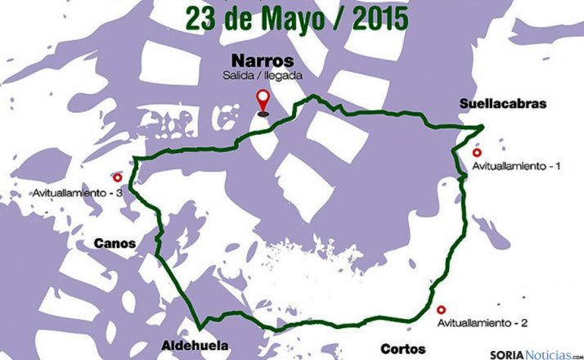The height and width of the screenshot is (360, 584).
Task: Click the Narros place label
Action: pos(262,61)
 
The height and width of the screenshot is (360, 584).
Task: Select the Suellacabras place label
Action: pos(501,104)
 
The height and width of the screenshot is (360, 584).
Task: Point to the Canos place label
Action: pos(115,243)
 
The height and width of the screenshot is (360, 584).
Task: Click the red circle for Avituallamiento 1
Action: pos(478,152)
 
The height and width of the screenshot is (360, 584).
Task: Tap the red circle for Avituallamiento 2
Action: pos(442,309)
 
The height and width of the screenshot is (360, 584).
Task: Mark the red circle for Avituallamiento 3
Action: pos(117,177)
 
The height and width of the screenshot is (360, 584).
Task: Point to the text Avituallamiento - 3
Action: pos(79,193)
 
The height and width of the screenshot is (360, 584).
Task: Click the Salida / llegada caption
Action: pos(262,75)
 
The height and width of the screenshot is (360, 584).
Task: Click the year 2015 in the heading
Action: pos(377,18)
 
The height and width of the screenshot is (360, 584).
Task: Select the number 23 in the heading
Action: pos(200,18)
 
